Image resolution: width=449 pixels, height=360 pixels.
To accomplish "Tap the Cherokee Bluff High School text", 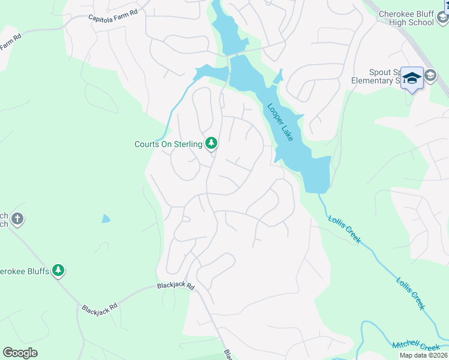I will tap(407, 18).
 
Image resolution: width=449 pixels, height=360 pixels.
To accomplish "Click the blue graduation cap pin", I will tap(412, 78).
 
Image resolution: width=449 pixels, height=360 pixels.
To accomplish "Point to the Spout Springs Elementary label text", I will tap(384, 76).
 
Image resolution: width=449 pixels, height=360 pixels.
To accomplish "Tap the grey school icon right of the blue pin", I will tap(430, 76).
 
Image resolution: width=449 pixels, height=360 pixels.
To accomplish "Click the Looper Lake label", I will tap(280, 122).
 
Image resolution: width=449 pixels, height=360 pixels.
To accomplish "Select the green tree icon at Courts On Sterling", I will tap(211, 143).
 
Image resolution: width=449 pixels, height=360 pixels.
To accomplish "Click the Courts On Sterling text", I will tap(167, 144).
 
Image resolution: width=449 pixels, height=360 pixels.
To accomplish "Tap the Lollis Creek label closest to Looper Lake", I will tap(345, 229).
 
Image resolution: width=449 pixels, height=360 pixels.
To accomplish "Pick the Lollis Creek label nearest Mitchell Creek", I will tap(411, 292).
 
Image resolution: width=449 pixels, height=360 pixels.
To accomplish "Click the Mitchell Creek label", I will tap(416, 346).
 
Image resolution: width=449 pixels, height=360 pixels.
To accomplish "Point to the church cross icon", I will tap(17, 219).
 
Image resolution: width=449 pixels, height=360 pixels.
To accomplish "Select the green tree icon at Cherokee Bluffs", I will tap(58, 271).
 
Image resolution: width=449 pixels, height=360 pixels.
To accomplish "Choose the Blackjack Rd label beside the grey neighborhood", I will tap(176, 287).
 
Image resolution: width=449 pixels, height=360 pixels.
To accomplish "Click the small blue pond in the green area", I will tap(106, 219).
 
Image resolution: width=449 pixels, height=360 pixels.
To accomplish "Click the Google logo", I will tap(20, 353).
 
